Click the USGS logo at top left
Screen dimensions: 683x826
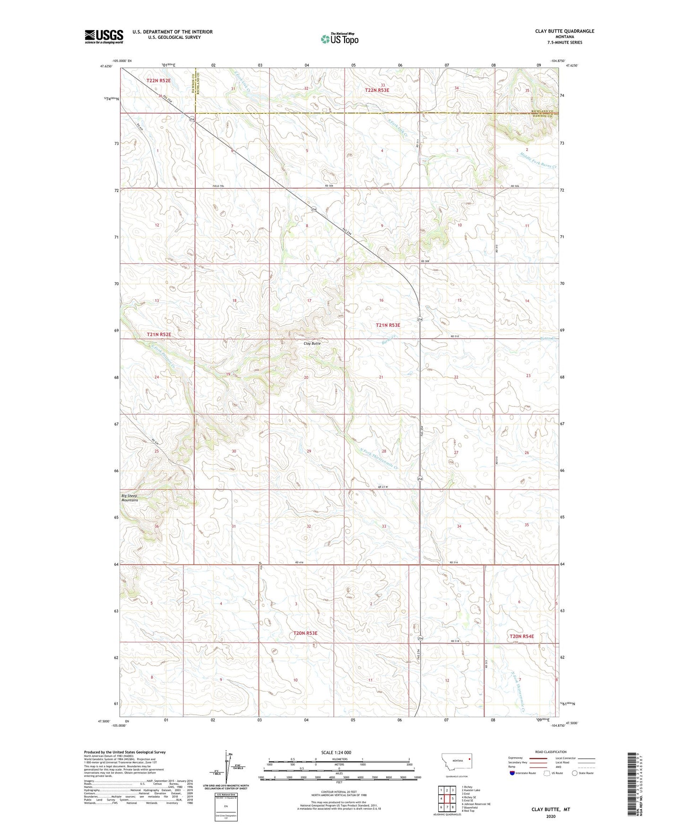click(104, 36)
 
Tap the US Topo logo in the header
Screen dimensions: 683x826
click(339, 39)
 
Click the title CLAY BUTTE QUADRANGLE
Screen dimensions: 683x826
click(564, 31)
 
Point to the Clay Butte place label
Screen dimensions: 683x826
click(312, 343)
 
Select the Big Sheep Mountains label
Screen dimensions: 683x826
click(130, 498)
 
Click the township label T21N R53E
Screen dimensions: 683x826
click(388, 325)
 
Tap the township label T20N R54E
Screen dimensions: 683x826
click(521, 636)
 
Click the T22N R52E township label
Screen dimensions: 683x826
click(158, 81)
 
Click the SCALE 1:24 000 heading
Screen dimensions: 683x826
click(336, 752)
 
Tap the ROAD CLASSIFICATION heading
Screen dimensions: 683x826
click(551, 752)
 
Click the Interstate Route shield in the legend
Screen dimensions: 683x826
click(513, 773)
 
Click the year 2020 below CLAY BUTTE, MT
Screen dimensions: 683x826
click(551, 816)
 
